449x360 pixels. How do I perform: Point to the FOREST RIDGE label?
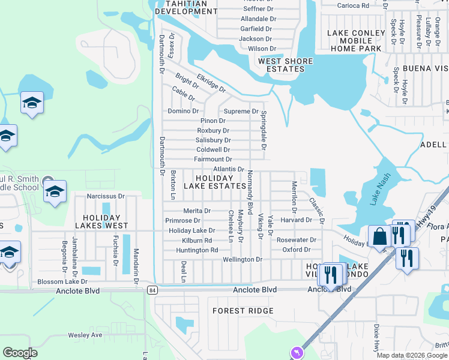click(243, 311)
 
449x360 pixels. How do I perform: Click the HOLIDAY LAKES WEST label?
click(101, 222)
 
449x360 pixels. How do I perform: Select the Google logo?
click(20, 353)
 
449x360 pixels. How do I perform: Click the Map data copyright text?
click(412, 355)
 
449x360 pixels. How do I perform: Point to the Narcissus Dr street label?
click(105, 196)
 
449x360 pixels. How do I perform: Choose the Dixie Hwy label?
click(377, 338)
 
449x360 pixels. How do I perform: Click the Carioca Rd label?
click(352, 5)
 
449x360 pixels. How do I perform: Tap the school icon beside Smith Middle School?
click(55, 192)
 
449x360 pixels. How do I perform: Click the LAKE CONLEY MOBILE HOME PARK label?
click(356, 40)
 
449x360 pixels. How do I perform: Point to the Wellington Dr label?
click(243, 259)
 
